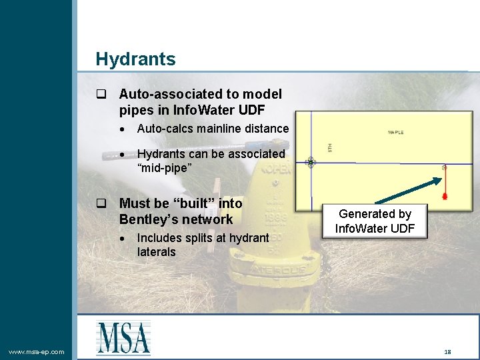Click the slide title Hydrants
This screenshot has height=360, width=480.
135,59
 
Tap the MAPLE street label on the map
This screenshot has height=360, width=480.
395,133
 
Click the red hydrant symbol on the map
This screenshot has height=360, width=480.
445,196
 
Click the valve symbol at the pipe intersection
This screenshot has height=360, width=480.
311,162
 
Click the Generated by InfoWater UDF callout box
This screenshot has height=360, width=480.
375,221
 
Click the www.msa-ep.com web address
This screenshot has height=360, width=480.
37,352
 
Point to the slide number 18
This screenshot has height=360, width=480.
447,351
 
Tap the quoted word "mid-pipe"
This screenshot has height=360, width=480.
165,167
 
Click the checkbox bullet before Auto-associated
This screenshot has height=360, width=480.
101,95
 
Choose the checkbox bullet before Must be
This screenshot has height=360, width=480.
101,203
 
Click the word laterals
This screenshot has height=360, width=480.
156,252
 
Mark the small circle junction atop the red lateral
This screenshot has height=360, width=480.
445,166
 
